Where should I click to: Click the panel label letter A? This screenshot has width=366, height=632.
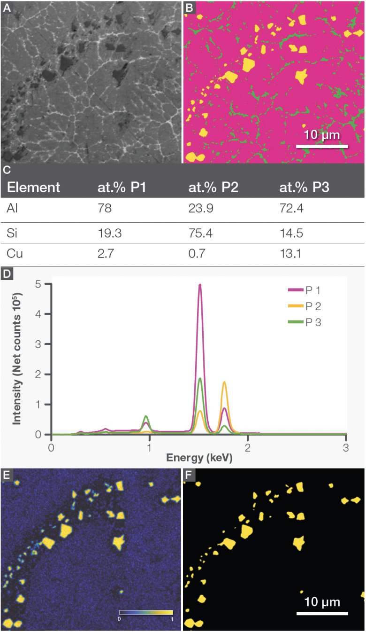[6, 7]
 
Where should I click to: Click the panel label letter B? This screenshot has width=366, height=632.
[188, 7]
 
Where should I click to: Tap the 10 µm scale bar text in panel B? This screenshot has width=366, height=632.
[322, 136]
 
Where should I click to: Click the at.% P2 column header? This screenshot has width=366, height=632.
[213, 187]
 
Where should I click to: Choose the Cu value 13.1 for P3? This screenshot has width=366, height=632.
[290, 255]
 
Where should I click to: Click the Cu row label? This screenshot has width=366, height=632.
[15, 255]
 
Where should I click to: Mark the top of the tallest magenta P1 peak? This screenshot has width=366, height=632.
[200, 285]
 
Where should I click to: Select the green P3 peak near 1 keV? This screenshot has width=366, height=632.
[146, 416]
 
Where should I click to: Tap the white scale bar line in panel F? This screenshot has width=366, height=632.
[322, 613]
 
